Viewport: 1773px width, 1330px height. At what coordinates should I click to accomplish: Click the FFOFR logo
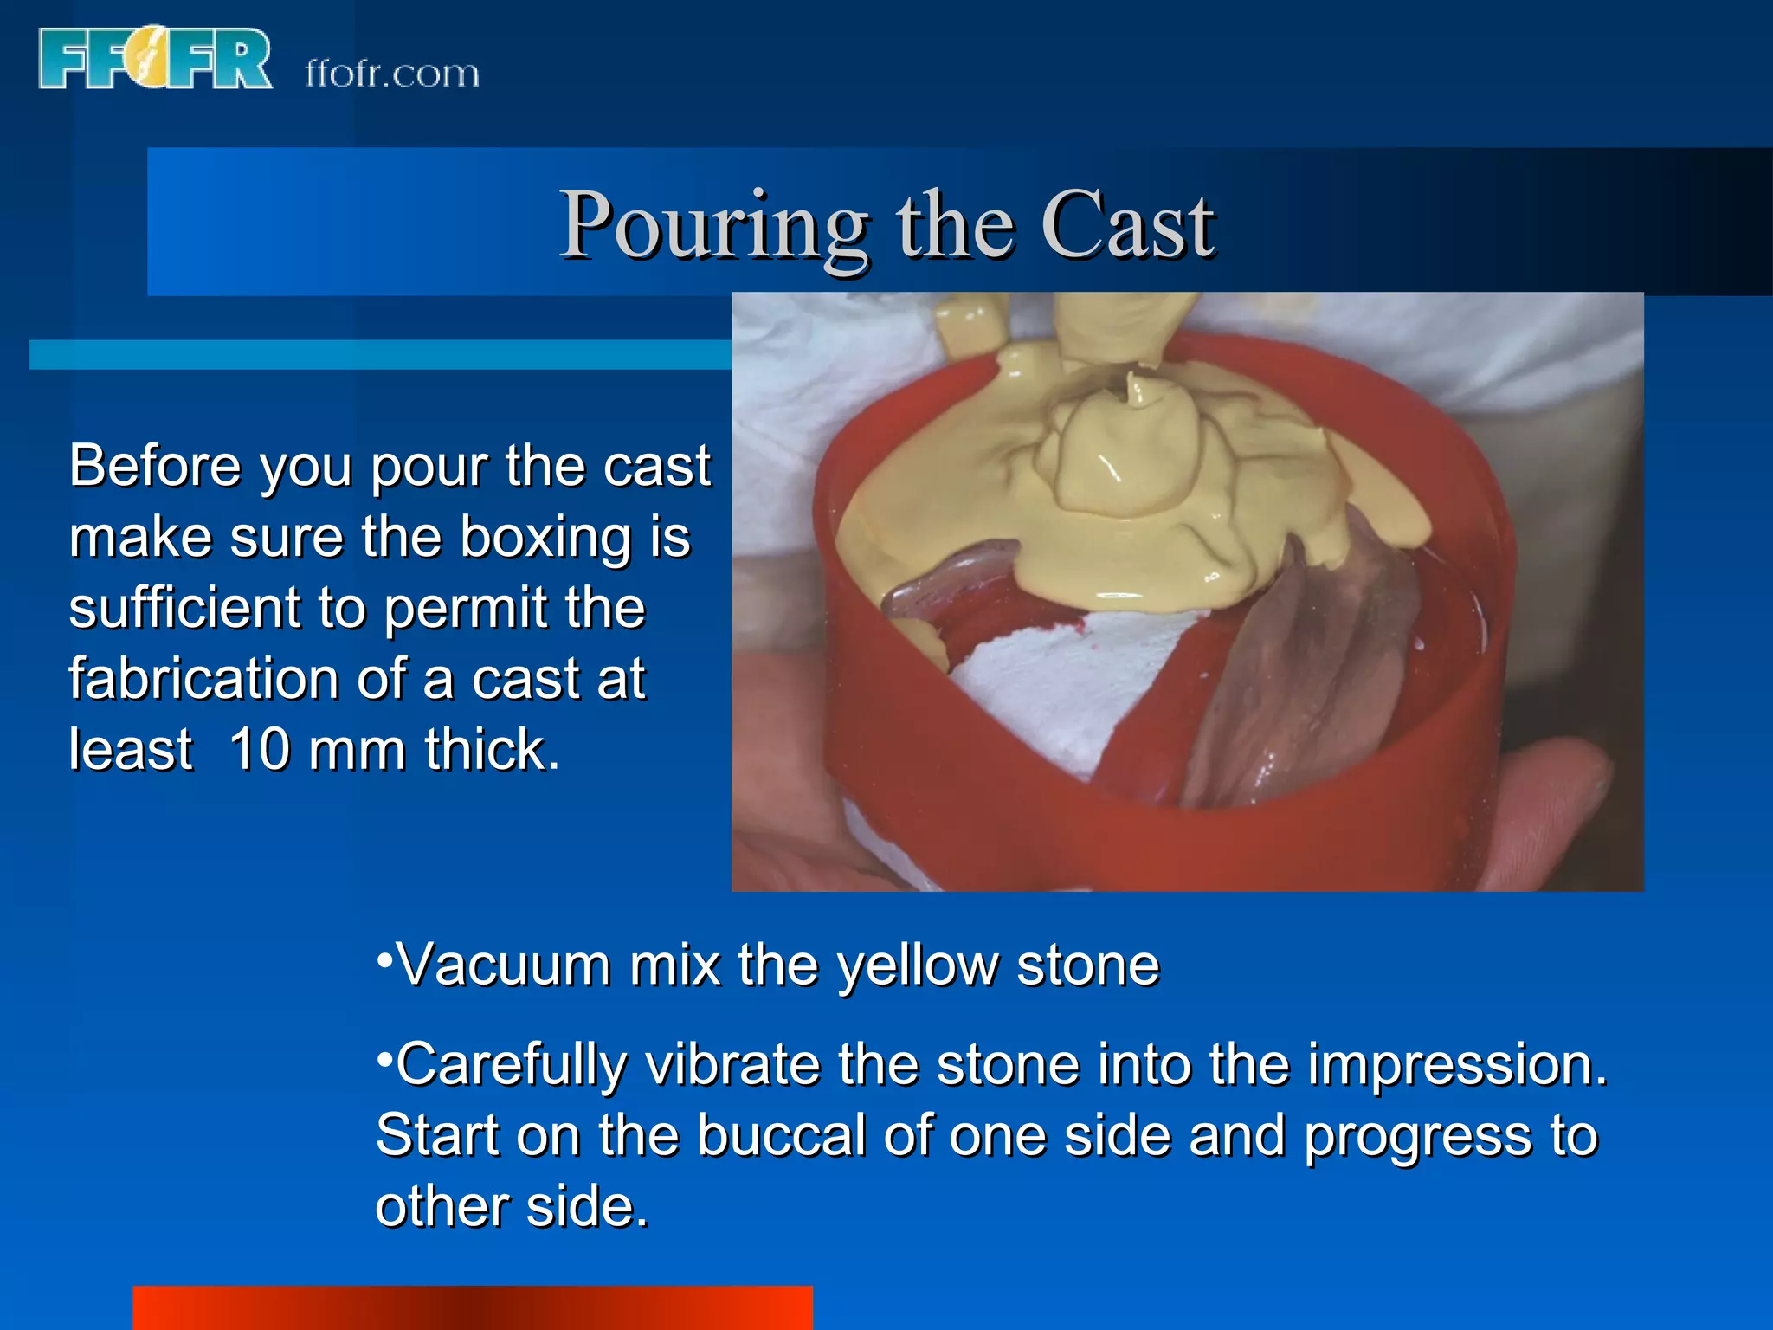(x=156, y=59)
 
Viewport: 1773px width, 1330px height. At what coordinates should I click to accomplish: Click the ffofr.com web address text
(x=392, y=74)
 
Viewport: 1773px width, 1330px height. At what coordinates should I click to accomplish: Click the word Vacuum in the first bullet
(x=503, y=965)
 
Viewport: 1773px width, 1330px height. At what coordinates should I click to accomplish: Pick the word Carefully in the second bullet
(x=511, y=1065)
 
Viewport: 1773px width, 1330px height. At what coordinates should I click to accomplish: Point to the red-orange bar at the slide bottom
(x=472, y=1307)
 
